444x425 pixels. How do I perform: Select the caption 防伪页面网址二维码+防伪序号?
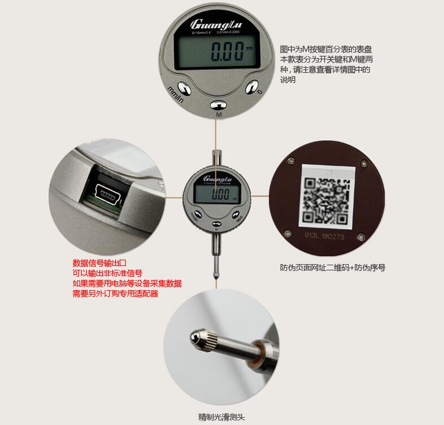click(333, 268)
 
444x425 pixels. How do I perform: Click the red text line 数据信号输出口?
click(99, 263)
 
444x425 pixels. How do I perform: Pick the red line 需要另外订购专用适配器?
click(115, 293)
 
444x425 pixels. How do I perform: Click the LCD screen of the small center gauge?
click(217, 195)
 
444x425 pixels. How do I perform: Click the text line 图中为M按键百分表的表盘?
click(326, 50)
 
